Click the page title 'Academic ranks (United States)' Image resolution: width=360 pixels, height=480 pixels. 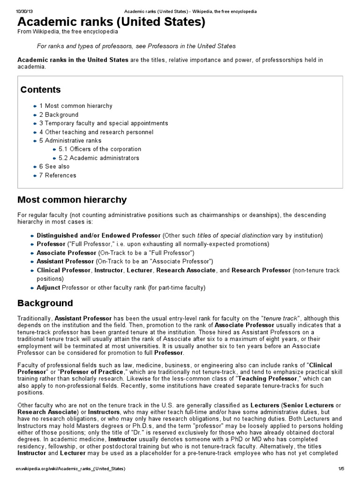tap(111, 22)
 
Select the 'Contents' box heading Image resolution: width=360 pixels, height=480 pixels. tap(40, 90)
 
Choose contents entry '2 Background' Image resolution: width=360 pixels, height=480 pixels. tap(59, 115)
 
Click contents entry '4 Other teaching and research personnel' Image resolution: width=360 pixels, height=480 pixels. tap(96, 132)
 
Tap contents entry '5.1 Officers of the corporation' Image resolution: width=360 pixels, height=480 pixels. tap(100, 150)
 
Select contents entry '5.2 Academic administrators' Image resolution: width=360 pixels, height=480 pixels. tap(99, 158)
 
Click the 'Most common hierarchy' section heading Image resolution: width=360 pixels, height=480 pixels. tap(72, 200)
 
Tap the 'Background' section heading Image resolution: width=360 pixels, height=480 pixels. tap(45, 303)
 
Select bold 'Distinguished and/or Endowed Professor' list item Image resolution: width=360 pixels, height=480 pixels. tap(98, 235)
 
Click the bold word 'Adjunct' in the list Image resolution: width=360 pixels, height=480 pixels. tap(48, 287)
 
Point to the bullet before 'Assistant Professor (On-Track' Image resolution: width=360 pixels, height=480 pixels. tap(32, 262)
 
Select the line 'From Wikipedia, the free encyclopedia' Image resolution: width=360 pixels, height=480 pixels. tap(67, 32)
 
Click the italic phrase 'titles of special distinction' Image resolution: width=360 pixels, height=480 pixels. tap(234, 235)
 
